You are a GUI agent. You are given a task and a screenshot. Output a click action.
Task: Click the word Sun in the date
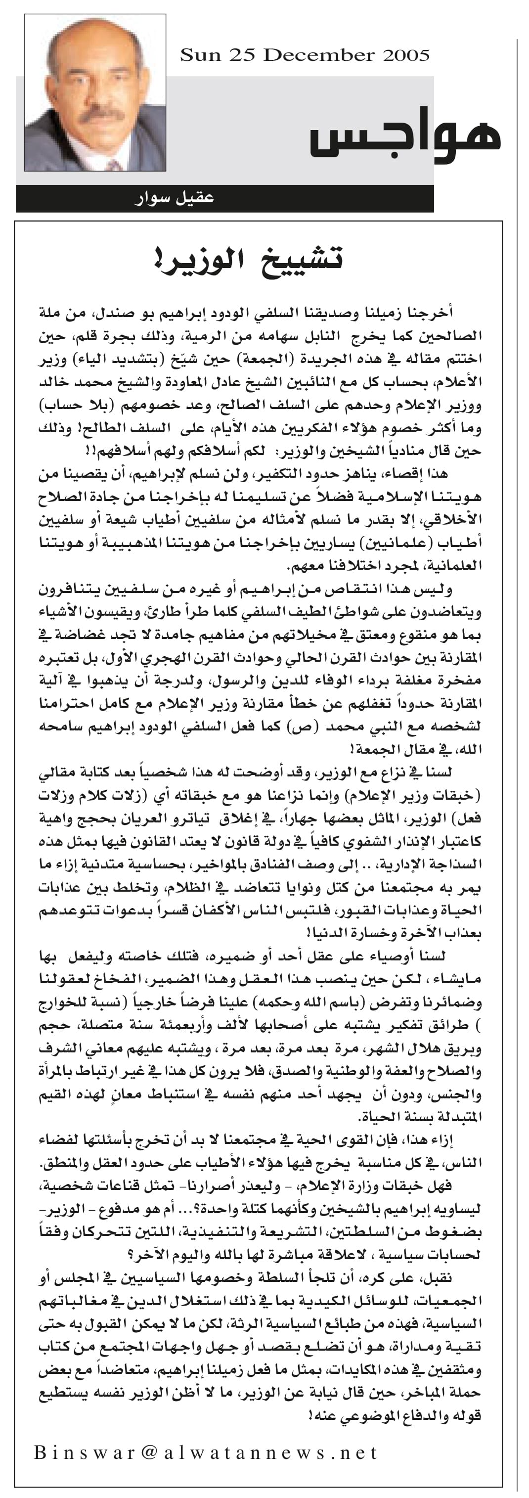[x=200, y=55]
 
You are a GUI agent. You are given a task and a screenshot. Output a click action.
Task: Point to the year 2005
[x=406, y=55]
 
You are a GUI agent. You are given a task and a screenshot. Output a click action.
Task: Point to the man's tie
[x=113, y=165]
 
